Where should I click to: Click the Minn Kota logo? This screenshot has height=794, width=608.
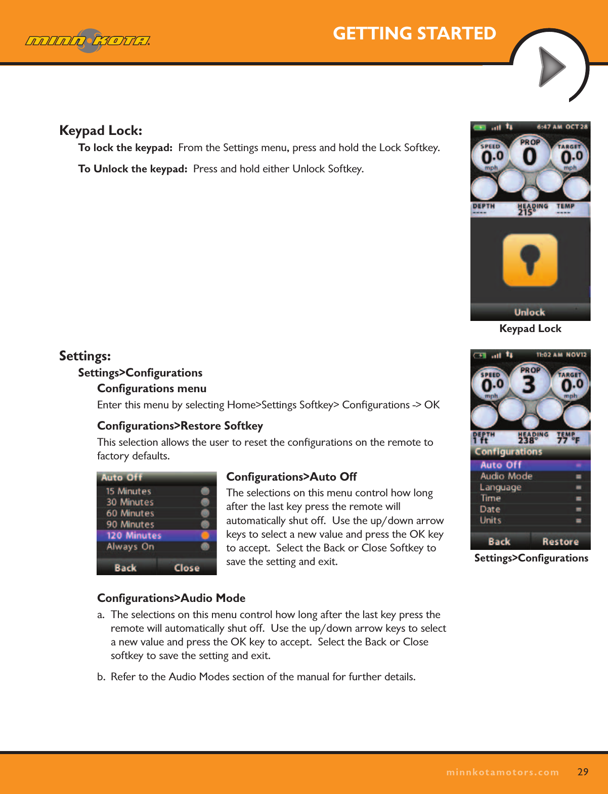pyautogui.click(x=88, y=40)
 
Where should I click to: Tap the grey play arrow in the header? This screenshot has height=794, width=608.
pyautogui.click(x=551, y=67)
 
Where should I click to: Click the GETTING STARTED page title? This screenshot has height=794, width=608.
pyautogui.click(x=414, y=33)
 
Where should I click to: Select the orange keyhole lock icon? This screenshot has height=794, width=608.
pyautogui.click(x=530, y=260)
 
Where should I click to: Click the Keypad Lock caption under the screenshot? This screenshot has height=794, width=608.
pyautogui.click(x=530, y=329)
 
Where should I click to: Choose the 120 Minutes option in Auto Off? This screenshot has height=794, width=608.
pyautogui.click(x=134, y=535)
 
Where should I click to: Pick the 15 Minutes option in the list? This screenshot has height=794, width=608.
pyautogui.click(x=128, y=491)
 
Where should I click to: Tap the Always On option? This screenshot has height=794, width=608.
pyautogui.click(x=130, y=546)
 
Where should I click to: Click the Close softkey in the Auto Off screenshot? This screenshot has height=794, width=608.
pyautogui.click(x=187, y=568)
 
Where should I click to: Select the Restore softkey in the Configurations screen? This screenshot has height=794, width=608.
pyautogui.click(x=560, y=541)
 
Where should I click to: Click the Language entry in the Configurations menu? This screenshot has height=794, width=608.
pyautogui.click(x=500, y=487)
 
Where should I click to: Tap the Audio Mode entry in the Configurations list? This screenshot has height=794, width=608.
pyautogui.click(x=506, y=476)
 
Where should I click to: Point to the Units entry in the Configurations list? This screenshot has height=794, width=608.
pyautogui.click(x=490, y=520)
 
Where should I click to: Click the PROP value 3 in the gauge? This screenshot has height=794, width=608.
pyautogui.click(x=529, y=385)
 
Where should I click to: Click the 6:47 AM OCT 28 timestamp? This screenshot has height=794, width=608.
pyautogui.click(x=562, y=127)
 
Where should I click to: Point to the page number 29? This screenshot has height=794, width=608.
pyautogui.click(x=583, y=772)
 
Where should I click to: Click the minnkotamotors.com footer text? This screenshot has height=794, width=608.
pyautogui.click(x=502, y=772)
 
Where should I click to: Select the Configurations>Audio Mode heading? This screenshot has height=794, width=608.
pyautogui.click(x=171, y=598)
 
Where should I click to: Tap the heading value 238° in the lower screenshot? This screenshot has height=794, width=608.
pyautogui.click(x=528, y=440)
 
